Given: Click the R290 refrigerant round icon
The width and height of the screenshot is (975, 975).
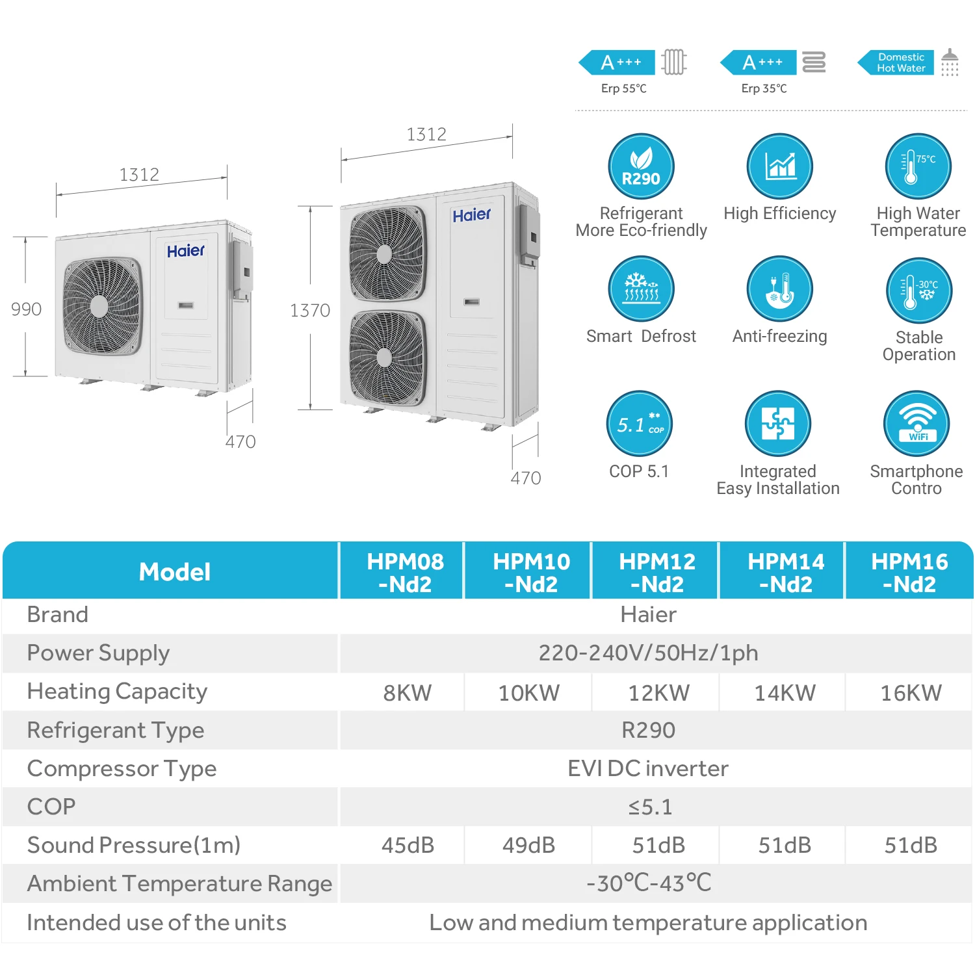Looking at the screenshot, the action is (641, 166).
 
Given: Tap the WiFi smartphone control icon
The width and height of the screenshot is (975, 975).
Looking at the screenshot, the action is (916, 423).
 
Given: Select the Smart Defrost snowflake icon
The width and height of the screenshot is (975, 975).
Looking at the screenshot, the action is (641, 288).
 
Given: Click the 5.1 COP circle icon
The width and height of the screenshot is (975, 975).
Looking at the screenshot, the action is (640, 423).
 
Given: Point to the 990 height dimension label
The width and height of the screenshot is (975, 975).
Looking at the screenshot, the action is (26, 309).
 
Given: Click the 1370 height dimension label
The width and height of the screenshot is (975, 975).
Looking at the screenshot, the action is (310, 311).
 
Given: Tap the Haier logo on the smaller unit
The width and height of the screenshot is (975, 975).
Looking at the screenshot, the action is (185, 251).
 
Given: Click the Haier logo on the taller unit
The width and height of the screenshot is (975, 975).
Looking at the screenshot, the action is (471, 215).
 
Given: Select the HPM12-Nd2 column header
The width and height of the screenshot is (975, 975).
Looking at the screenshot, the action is (657, 572).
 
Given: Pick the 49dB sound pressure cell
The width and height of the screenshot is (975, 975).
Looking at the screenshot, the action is (528, 845).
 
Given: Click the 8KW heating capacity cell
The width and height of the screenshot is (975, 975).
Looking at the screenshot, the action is (407, 693).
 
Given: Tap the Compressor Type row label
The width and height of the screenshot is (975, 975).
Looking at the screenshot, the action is (122, 768).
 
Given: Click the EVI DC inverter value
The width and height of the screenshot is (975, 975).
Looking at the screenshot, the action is (648, 768).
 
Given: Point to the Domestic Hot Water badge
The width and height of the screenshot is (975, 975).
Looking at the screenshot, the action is (900, 62).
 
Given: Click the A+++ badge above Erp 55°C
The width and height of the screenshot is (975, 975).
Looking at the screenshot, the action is (621, 62).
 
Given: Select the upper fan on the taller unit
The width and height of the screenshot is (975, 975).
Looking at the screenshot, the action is (387, 253).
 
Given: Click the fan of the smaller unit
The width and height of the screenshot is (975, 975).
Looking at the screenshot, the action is (102, 305).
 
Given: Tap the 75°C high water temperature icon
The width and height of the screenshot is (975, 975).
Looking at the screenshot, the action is (918, 166).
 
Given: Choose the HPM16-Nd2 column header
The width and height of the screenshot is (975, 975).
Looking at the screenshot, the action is (909, 572).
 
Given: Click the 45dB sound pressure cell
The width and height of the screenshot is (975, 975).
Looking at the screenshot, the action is (408, 845).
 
